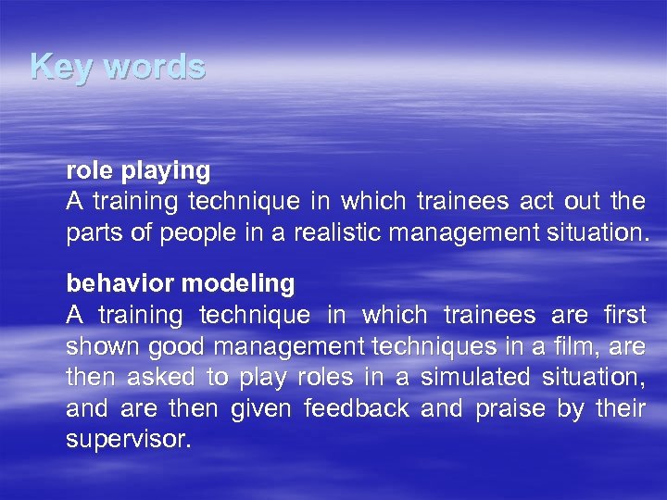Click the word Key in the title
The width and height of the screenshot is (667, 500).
54,67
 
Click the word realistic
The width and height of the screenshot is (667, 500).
337,232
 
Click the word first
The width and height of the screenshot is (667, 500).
623,316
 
